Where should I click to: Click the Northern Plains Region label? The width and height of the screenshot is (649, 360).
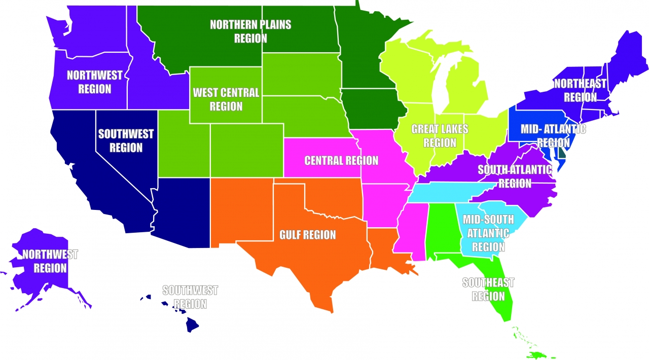point(250,31)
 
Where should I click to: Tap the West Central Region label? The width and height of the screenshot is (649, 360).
point(226,99)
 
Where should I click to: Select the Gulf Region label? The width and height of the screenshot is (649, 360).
point(308,235)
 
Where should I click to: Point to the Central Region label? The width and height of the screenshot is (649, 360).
point(341,161)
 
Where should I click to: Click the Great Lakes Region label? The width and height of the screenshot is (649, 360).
point(440,135)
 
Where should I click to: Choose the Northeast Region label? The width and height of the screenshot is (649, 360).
point(580,90)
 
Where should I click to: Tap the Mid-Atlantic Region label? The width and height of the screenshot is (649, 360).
point(553,135)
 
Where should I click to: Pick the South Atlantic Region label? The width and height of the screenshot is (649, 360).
point(515,176)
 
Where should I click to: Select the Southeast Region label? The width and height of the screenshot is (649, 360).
point(488,289)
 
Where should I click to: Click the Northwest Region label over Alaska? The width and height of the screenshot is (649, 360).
point(50,261)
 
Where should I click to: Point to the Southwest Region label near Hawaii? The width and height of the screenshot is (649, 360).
point(190,297)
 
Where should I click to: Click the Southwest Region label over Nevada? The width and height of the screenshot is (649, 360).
point(126,140)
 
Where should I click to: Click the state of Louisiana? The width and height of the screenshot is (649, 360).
point(385,248)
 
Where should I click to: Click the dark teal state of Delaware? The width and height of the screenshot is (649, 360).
point(562,153)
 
